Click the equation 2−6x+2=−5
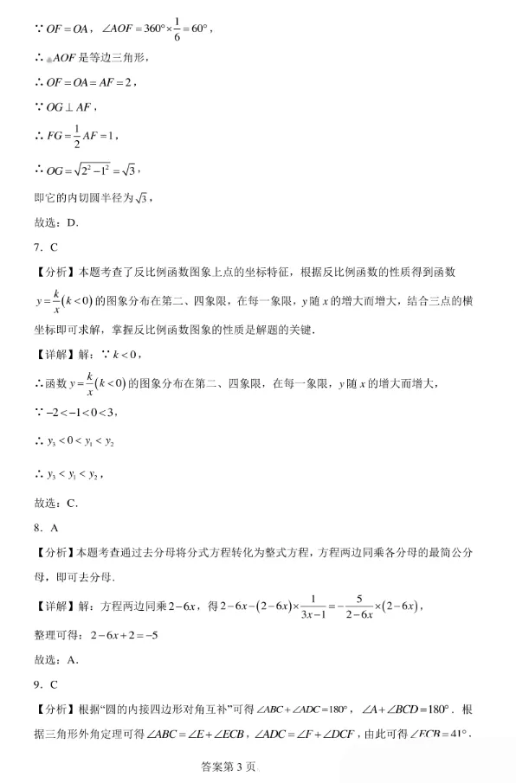pos(124,635)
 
